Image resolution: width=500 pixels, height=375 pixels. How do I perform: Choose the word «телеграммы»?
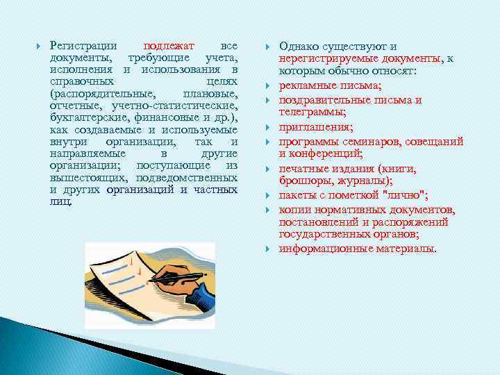tap(311, 111)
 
